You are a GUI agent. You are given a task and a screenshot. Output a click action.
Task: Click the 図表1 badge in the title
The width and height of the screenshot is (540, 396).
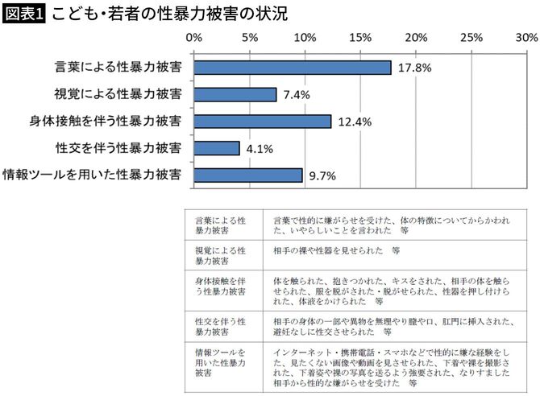pyautogui.click(x=23, y=14)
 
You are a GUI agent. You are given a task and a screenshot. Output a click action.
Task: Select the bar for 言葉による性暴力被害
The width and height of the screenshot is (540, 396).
pyautogui.click(x=293, y=68)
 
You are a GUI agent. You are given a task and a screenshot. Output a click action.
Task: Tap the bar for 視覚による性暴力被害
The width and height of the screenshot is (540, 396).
pyautogui.click(x=235, y=94)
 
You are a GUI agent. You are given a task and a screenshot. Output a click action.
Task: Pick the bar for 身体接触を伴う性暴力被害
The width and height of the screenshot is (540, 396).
pyautogui.click(x=263, y=122)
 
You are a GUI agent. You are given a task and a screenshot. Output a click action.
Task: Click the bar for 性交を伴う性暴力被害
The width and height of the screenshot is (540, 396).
pyautogui.click(x=217, y=148)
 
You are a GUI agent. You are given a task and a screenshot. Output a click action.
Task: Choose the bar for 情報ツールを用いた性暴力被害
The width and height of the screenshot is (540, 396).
pyautogui.click(x=248, y=175)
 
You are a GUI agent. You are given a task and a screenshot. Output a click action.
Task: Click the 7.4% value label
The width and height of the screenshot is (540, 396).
pyautogui.click(x=297, y=94)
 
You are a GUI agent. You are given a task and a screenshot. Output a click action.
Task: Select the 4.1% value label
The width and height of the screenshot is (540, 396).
pyautogui.click(x=259, y=148)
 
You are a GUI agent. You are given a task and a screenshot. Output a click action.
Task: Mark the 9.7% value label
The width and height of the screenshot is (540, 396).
pyautogui.click(x=322, y=175)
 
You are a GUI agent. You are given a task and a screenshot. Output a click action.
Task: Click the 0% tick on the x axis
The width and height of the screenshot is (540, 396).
pyautogui.click(x=194, y=37)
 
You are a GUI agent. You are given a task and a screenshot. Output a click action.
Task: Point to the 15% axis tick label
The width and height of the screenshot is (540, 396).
pyautogui.click(x=360, y=37)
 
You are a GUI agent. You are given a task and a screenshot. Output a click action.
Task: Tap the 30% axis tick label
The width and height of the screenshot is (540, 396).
pyautogui.click(x=526, y=37)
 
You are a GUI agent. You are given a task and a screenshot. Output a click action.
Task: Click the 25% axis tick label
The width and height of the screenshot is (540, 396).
pyautogui.click(x=471, y=37)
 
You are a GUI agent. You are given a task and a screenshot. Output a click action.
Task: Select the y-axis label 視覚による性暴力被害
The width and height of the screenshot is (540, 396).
pyautogui.click(x=118, y=94)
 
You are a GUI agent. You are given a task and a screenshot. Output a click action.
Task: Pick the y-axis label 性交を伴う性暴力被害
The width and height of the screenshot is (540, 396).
pyautogui.click(x=118, y=148)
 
